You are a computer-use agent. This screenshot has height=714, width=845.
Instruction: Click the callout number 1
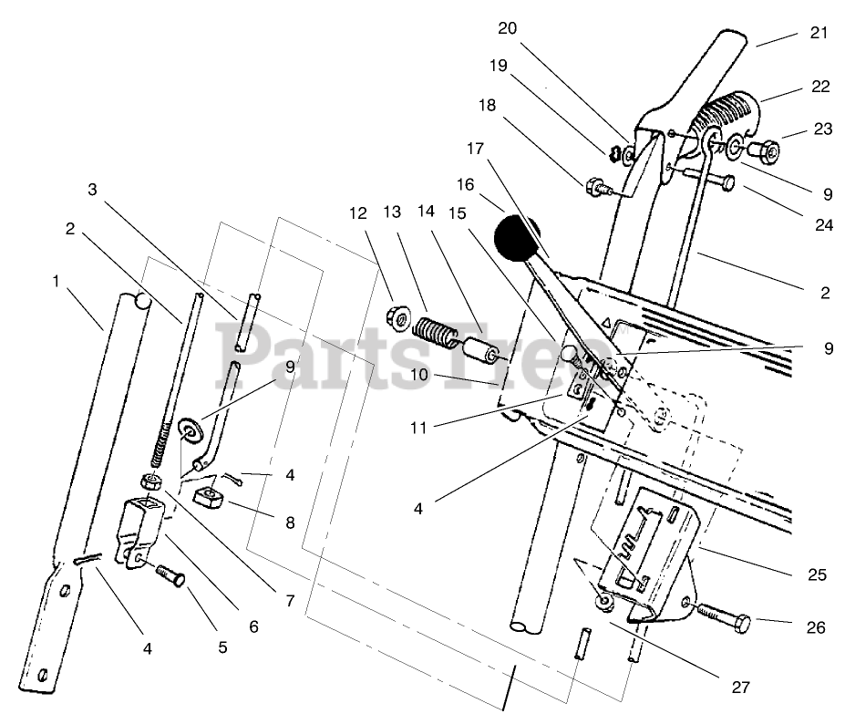(56, 282)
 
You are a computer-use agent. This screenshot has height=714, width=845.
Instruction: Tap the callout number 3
(92, 190)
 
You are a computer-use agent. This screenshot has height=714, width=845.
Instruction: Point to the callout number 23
(823, 129)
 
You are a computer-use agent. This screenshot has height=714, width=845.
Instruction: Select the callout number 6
(253, 626)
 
